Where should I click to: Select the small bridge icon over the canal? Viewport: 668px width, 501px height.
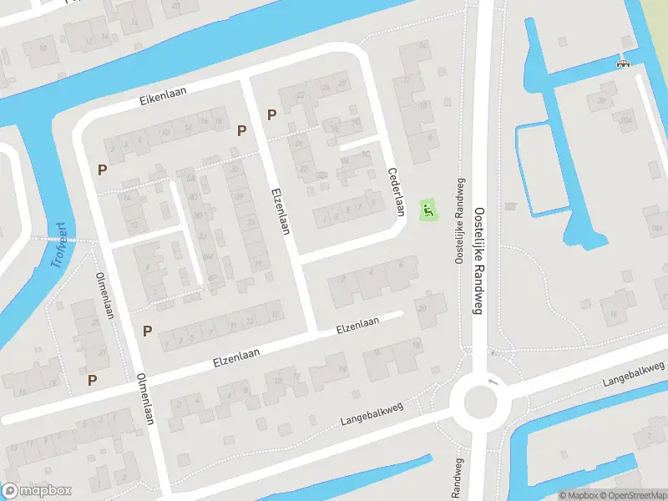pyautogui.click(x=622, y=63)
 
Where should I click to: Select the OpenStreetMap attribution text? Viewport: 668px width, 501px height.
pyautogui.click(x=633, y=495)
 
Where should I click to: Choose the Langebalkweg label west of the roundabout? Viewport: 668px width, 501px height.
pyautogui.click(x=372, y=414)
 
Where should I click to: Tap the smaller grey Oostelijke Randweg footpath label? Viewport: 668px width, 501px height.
pyautogui.click(x=458, y=222)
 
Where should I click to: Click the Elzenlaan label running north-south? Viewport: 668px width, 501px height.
pyautogui.click(x=279, y=210)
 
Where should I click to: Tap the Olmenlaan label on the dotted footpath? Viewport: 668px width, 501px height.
pyautogui.click(x=104, y=295)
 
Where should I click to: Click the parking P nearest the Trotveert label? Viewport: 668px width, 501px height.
pyautogui.click(x=103, y=170)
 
